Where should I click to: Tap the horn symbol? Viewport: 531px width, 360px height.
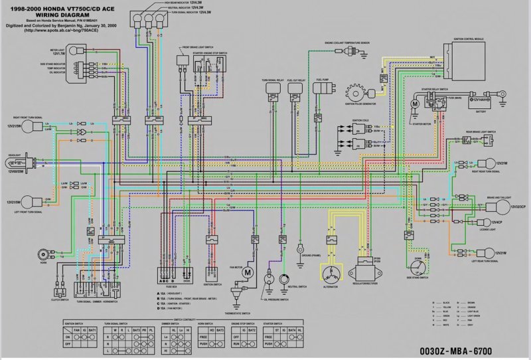(42, 253)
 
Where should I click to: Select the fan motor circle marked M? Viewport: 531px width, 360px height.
(248, 272)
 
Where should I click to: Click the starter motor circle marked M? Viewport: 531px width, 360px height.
(413, 104)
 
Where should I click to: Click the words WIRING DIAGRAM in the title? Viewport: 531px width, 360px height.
(56, 13)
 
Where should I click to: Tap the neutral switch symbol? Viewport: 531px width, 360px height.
(285, 277)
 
